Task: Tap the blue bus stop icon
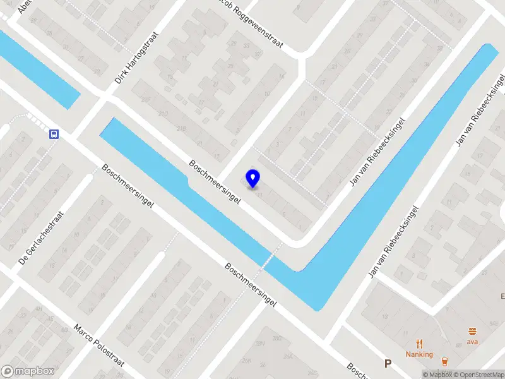pyautogui.click(x=54, y=134)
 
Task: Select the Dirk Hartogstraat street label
pyautogui.click(x=136, y=59)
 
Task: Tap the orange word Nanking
pyautogui.click(x=419, y=354)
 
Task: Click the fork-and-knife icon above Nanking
pyautogui.click(x=419, y=344)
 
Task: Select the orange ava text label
pyautogui.click(x=472, y=342)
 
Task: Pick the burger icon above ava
pyautogui.click(x=472, y=331)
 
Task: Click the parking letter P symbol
pyautogui.click(x=388, y=363)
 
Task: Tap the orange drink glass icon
pyautogui.click(x=444, y=362)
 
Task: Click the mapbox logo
pyautogui.click(x=27, y=371)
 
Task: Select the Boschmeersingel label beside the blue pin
pyautogui.click(x=215, y=181)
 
